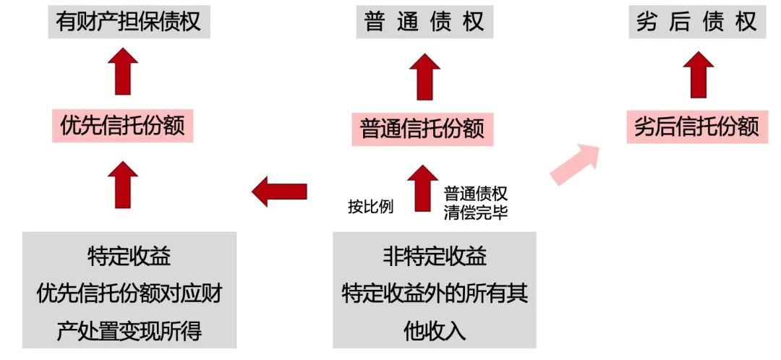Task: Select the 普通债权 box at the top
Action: (x=424, y=22)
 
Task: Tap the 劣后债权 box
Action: (x=696, y=22)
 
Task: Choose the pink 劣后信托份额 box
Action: (x=696, y=127)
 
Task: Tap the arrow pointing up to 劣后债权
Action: (x=698, y=74)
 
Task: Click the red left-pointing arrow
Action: (x=279, y=192)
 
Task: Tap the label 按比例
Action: (x=370, y=207)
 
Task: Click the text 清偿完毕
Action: (x=476, y=214)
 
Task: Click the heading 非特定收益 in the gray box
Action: (x=435, y=257)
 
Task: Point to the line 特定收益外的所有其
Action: (x=435, y=293)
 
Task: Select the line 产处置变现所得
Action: (x=129, y=332)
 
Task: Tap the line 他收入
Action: (x=435, y=330)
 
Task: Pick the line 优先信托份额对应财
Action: (x=129, y=293)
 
